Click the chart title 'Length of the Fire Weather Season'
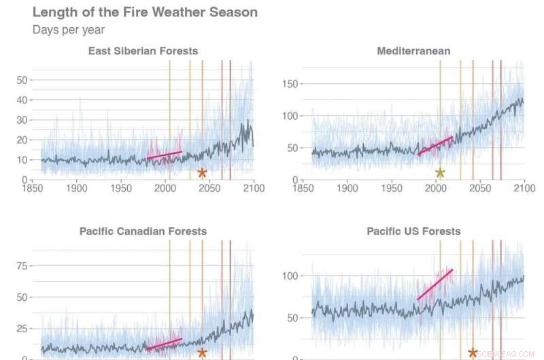pyautogui.click(x=145, y=12)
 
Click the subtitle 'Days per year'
pyautogui.click(x=69, y=30)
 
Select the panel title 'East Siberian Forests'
pyautogui.click(x=143, y=51)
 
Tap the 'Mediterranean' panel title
pyautogui.click(x=413, y=51)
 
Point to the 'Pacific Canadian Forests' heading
pyautogui.click(x=143, y=231)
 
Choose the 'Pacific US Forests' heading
pyautogui.click(x=413, y=231)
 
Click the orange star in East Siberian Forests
pyautogui.click(x=202, y=173)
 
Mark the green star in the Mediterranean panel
pyautogui.click(x=440, y=173)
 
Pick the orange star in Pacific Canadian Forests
pyautogui.click(x=202, y=353)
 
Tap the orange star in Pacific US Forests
pyautogui.click(x=473, y=353)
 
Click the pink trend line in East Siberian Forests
pyautogui.click(x=165, y=155)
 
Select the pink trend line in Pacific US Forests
pyautogui.click(x=435, y=284)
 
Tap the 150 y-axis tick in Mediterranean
pyautogui.click(x=290, y=84)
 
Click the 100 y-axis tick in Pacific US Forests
pyautogui.click(x=290, y=276)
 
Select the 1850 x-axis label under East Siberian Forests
pyautogui.click(x=32, y=188)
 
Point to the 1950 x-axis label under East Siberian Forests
pyautogui.click(x=121, y=188)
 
